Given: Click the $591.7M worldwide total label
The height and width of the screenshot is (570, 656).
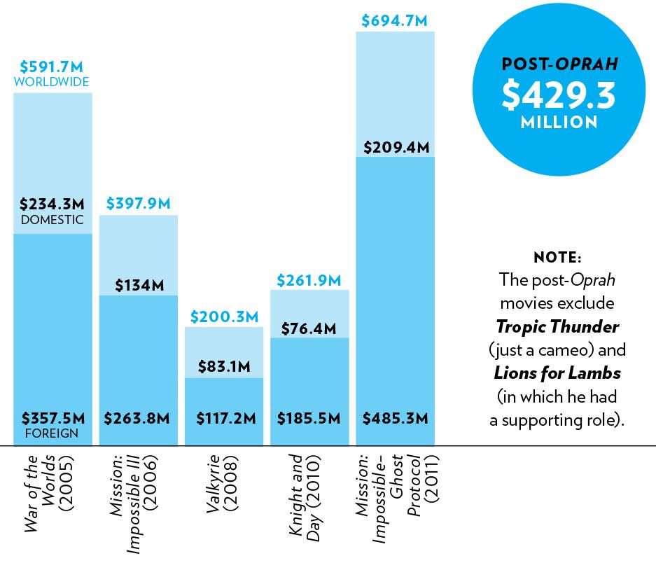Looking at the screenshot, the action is coord(53,67).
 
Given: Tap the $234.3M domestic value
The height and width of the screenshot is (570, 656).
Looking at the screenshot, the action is coord(53,204).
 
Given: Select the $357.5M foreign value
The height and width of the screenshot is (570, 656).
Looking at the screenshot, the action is coord(53,419).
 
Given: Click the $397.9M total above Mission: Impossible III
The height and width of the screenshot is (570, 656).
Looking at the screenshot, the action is coord(138,204).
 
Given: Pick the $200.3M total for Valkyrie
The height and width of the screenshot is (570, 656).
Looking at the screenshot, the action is coord(223,317).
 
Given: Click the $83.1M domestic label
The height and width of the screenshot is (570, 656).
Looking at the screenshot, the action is coord(223,365).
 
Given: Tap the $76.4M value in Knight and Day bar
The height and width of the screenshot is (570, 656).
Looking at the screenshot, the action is coord(309,328).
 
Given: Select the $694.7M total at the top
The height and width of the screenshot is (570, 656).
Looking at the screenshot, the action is coord(394,20).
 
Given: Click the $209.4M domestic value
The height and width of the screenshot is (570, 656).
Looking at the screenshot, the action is coord(395,147).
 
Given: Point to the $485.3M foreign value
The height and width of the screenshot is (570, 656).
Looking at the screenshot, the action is coord(395,419).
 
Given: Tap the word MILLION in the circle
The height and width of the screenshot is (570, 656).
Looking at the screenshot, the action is coord(558,123).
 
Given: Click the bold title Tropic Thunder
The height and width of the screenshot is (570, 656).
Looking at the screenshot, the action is coord(557,326).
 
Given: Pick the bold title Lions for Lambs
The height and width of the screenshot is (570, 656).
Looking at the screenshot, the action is coord(557,373).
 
